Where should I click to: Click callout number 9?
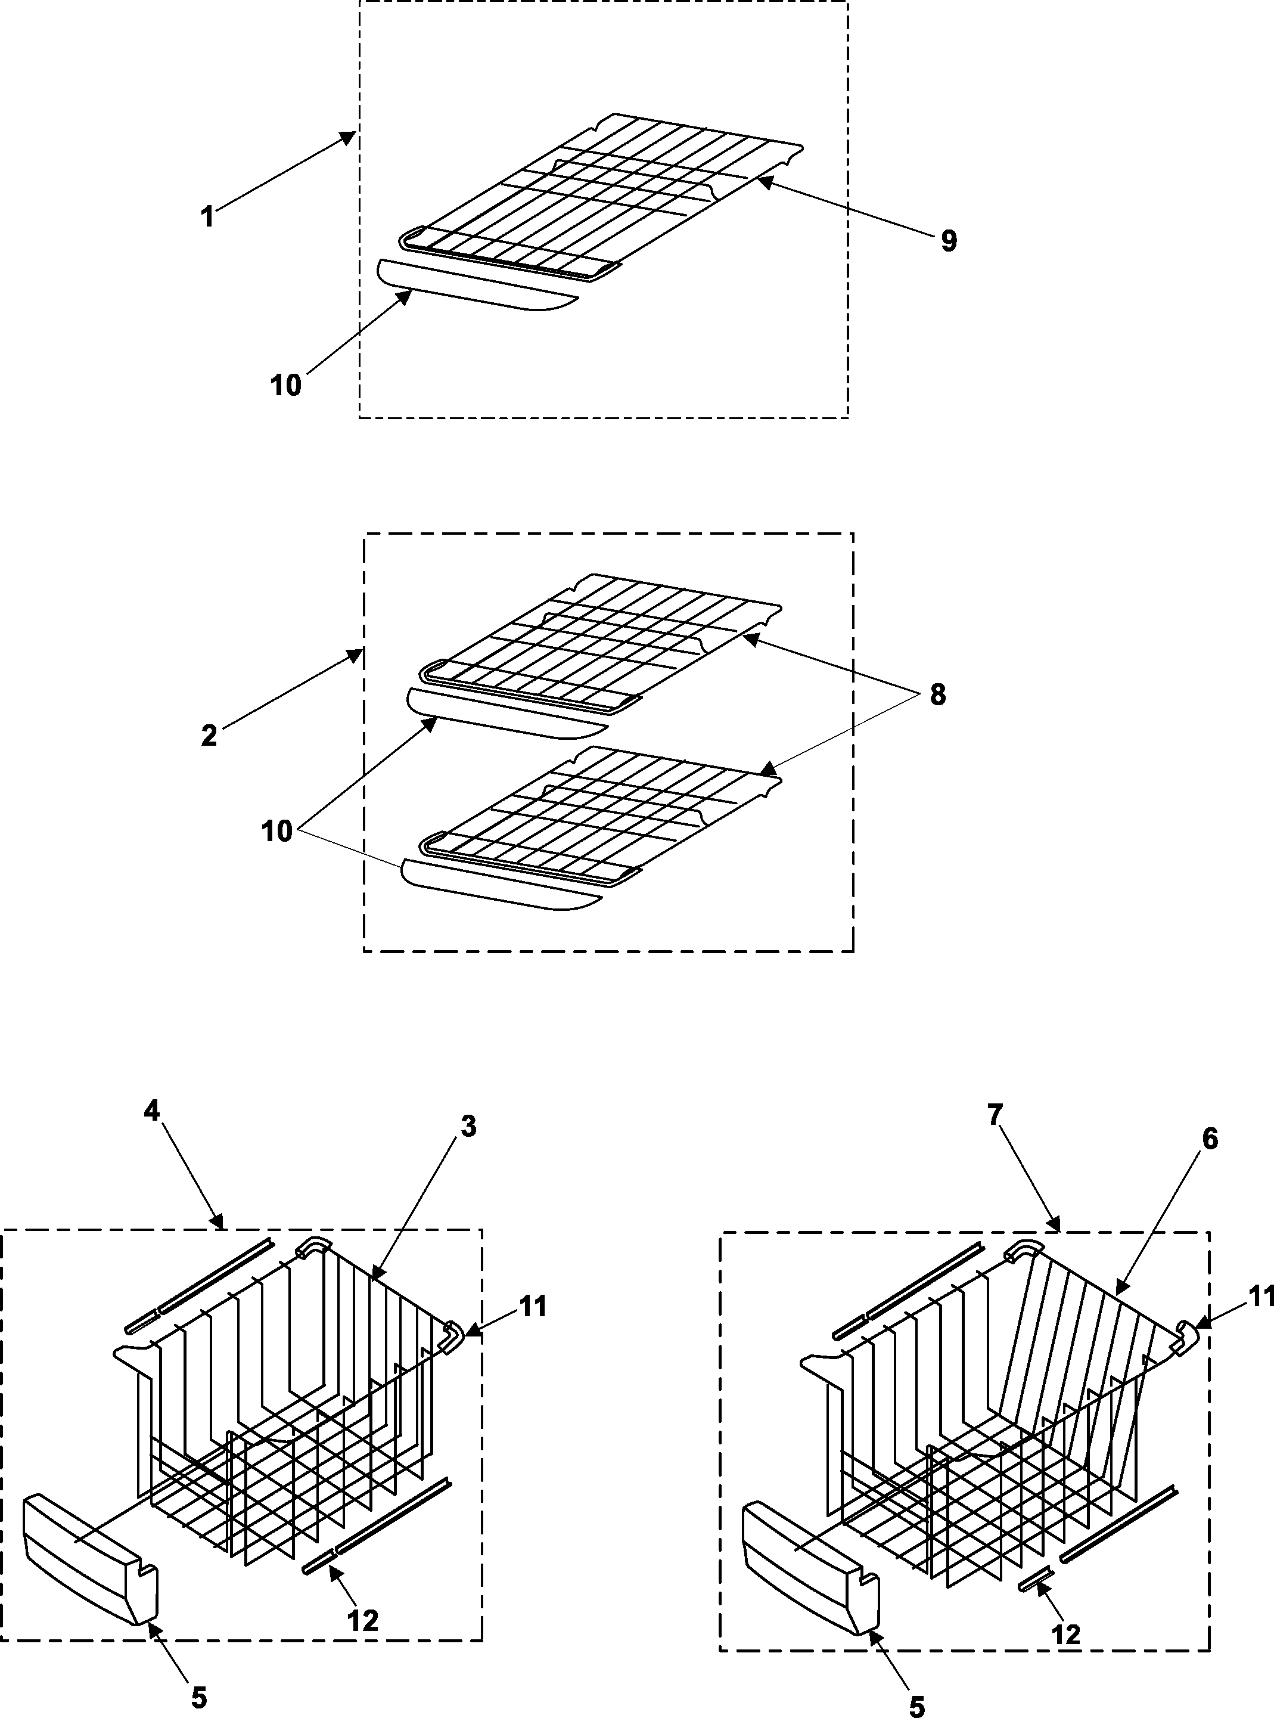[x=949, y=241]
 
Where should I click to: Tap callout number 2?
[x=209, y=735]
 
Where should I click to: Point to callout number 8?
[x=937, y=694]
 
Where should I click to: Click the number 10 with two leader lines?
[x=277, y=831]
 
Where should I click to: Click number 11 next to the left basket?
[x=532, y=1307]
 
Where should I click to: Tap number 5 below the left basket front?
[x=199, y=1697]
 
